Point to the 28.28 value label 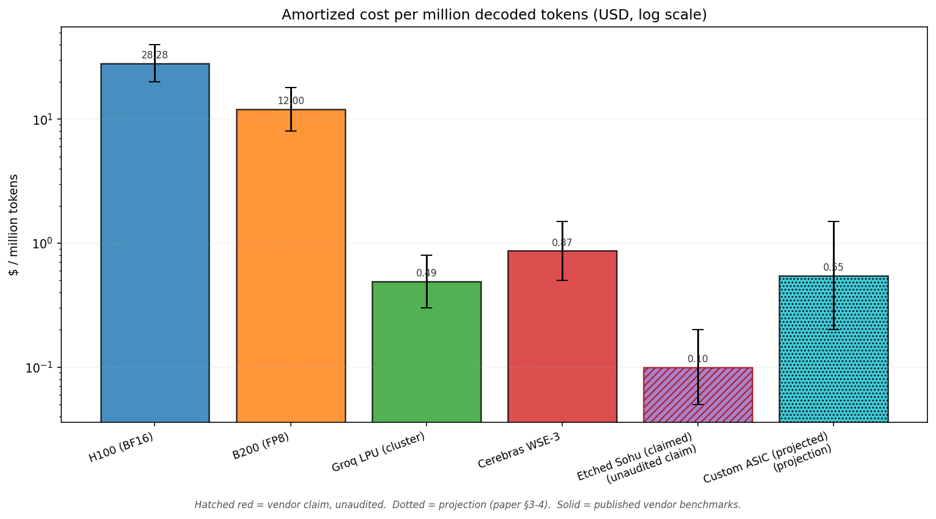click(x=155, y=56)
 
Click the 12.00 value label click(x=291, y=101)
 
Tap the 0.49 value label click(x=426, y=274)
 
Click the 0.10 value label click(x=698, y=359)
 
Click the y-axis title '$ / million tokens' click(x=14, y=225)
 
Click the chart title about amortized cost click(x=494, y=15)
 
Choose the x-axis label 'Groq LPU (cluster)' click(x=379, y=452)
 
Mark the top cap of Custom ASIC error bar click(x=834, y=221)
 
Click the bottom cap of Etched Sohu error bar click(x=698, y=405)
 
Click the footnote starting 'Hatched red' click(x=468, y=505)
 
